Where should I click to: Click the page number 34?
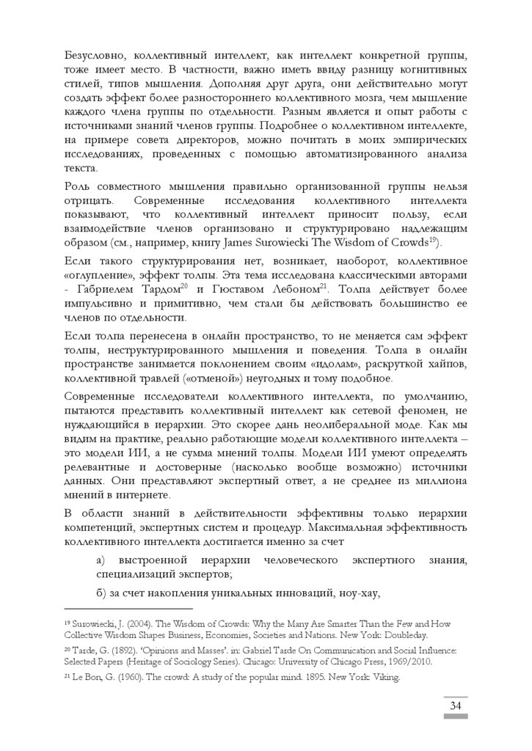coord(455,706)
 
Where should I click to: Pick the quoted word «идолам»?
coord(306,364)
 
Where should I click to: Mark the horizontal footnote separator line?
coord(129,608)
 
